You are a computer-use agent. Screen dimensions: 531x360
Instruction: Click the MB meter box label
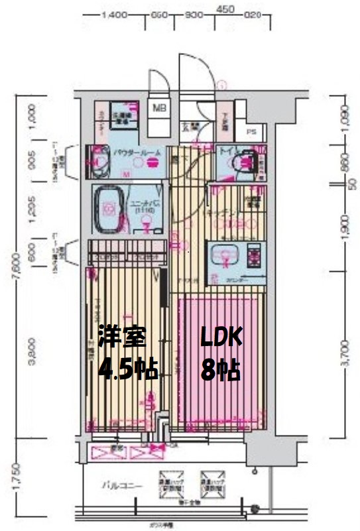pyautogui.click(x=160, y=107)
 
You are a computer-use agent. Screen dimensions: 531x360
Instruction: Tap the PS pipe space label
pyautogui.click(x=251, y=131)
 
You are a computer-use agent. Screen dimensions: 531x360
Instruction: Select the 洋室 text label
pyautogui.click(x=121, y=337)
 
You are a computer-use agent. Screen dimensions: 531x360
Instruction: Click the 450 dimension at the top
pyautogui.click(x=225, y=9)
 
